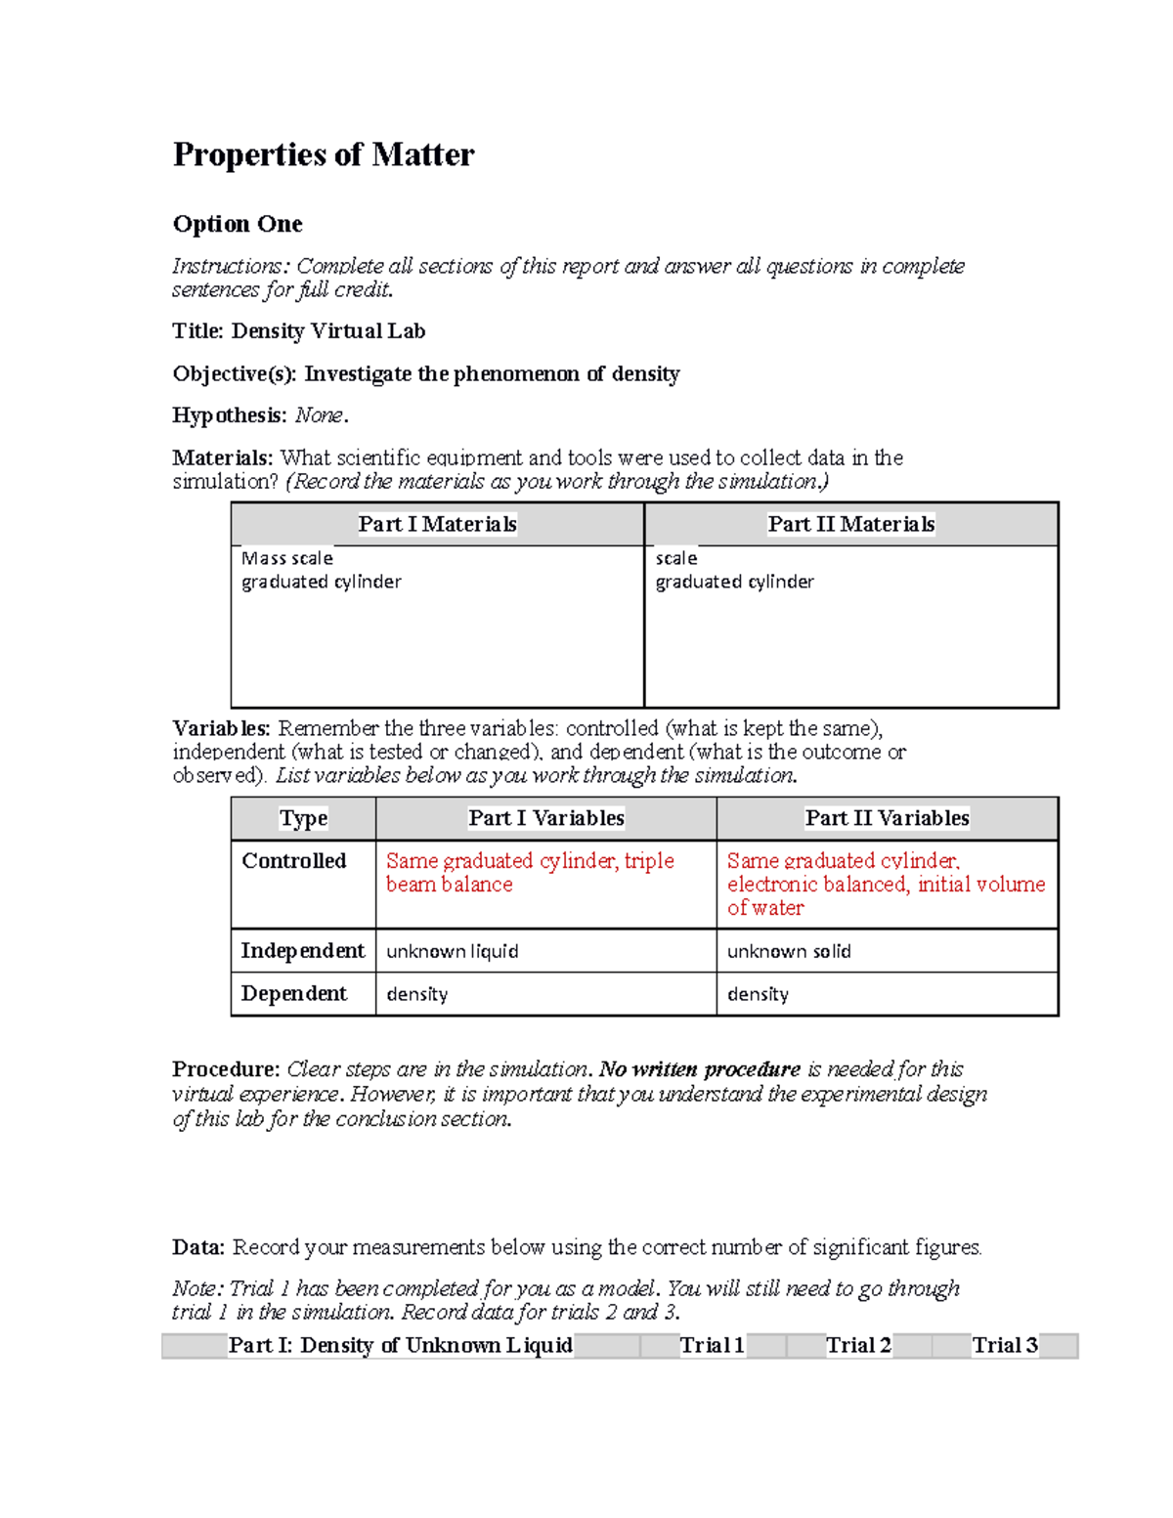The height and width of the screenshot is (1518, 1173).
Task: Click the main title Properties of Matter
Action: click(x=324, y=154)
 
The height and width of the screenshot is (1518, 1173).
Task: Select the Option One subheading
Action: click(x=238, y=224)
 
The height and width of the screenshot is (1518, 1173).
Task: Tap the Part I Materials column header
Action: click(x=437, y=524)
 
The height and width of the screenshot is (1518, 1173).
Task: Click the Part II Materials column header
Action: click(x=850, y=524)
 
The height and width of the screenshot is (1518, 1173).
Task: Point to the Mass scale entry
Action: click(x=287, y=558)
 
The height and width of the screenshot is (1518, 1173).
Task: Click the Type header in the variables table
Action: click(x=303, y=818)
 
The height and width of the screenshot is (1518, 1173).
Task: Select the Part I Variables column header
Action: click(x=545, y=818)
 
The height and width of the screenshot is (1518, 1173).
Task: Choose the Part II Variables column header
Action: click(x=887, y=818)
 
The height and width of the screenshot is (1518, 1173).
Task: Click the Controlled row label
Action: click(x=293, y=861)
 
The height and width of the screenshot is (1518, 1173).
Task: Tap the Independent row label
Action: click(x=302, y=950)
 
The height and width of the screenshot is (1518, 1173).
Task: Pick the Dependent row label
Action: click(x=293, y=993)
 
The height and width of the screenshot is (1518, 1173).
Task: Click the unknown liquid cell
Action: click(x=452, y=951)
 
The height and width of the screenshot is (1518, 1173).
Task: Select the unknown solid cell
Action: click(x=788, y=951)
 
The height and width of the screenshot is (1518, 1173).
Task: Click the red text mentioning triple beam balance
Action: click(x=530, y=872)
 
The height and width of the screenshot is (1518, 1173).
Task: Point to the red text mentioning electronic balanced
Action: click(x=886, y=884)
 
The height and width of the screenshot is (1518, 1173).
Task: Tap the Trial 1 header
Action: click(x=712, y=1345)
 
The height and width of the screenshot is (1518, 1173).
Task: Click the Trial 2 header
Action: click(x=858, y=1345)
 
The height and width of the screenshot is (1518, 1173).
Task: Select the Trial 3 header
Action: click(x=1004, y=1345)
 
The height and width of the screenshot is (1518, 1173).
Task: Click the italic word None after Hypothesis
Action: click(x=319, y=415)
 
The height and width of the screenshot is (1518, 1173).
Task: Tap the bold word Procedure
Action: click(x=226, y=1068)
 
